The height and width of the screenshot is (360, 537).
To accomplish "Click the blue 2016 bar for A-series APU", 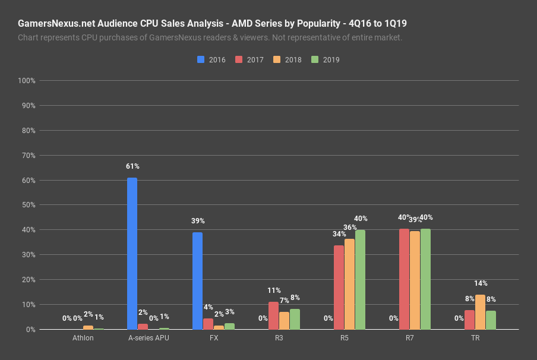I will pos(132,254).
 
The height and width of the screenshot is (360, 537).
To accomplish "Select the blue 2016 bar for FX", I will pos(197,281).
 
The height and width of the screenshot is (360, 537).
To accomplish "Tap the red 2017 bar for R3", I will pos(273,315).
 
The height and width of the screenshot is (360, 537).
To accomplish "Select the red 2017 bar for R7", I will pos(404,279).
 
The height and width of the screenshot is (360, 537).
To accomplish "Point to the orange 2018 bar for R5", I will pos(349,284).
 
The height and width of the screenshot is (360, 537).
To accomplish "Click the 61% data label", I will pos(132,166).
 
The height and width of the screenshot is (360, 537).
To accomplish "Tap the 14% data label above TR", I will pos(481,283).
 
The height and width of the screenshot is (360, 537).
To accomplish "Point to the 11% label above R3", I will pos(274,290).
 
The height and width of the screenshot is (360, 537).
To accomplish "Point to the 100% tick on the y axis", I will pos(27,81).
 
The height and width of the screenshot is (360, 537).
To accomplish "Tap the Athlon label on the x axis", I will pos(83,338).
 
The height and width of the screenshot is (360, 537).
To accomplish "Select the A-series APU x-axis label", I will pos(148,338).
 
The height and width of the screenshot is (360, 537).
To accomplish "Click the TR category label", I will pos(475,338).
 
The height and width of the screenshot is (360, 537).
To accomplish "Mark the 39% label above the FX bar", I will pos(198,221).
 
